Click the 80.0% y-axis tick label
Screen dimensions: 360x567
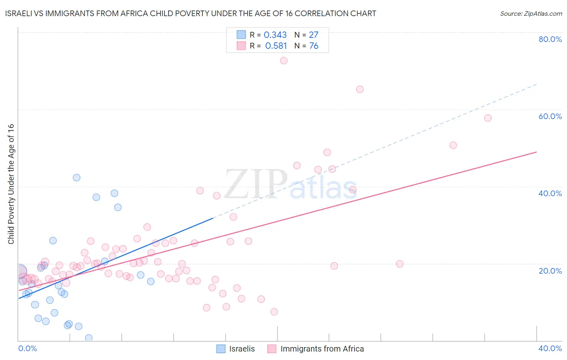pos(550,39)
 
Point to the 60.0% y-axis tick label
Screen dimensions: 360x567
pos(550,116)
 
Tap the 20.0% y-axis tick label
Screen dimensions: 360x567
pos(550,270)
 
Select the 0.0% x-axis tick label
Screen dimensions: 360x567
pos(27,348)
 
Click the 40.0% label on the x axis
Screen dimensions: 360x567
pos(550,348)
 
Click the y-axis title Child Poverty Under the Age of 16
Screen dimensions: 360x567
pos(11,184)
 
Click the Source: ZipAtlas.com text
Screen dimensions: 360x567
pos(531,14)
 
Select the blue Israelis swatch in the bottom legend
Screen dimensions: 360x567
pos(221,349)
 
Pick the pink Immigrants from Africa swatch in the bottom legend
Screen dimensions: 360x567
pos(272,349)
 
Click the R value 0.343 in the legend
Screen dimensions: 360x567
pos(275,35)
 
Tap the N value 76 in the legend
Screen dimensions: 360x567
pos(314,46)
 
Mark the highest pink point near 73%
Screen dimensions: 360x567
pos(283,61)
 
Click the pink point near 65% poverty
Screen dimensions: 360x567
pos(360,89)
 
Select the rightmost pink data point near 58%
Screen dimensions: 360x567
pos(488,118)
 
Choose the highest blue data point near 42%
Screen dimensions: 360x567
pos(76,178)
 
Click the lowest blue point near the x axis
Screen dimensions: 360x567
pos(89,338)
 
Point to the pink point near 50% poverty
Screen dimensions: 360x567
pos(453,145)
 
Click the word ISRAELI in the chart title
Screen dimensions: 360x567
pos(19,14)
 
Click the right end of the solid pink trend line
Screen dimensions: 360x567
pos(536,152)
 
